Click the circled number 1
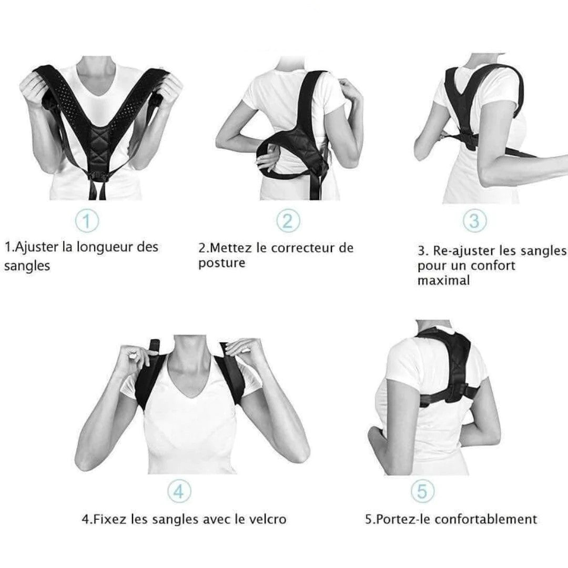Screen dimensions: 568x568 87,220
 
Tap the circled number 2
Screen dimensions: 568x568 288,220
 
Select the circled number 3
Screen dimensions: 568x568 474,220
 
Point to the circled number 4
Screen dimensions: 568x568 179,491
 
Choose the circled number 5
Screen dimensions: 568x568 422,491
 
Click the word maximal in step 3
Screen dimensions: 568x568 443,280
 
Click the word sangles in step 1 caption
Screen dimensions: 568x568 27,266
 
